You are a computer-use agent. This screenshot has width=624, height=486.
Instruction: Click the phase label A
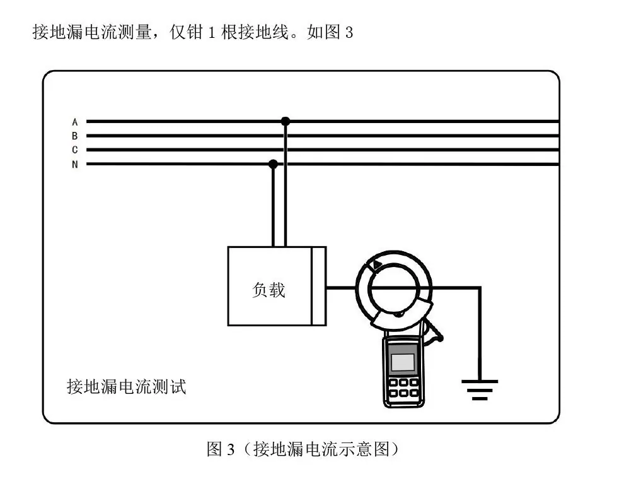click(75, 122)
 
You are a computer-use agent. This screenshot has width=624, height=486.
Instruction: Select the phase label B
click(75, 136)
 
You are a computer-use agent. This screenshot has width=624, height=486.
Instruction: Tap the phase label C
click(75, 150)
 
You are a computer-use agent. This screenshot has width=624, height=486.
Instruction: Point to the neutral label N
click(75, 164)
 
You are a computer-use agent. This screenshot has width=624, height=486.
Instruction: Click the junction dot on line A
click(286, 121)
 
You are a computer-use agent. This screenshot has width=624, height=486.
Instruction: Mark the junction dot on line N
click(273, 163)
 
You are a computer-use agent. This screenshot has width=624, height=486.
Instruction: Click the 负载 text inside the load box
click(269, 290)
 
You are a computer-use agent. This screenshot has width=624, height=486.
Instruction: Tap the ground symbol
click(480, 389)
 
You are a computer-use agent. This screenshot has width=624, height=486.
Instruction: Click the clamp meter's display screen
click(403, 362)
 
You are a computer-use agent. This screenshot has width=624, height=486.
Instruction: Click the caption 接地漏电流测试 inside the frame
click(127, 386)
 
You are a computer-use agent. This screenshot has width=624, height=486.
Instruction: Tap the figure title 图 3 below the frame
click(221, 449)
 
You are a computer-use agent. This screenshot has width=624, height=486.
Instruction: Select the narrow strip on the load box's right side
click(319, 286)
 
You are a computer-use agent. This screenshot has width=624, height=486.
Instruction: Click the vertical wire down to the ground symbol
click(480, 334)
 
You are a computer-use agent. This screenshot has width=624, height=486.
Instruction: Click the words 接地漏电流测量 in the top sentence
click(92, 32)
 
